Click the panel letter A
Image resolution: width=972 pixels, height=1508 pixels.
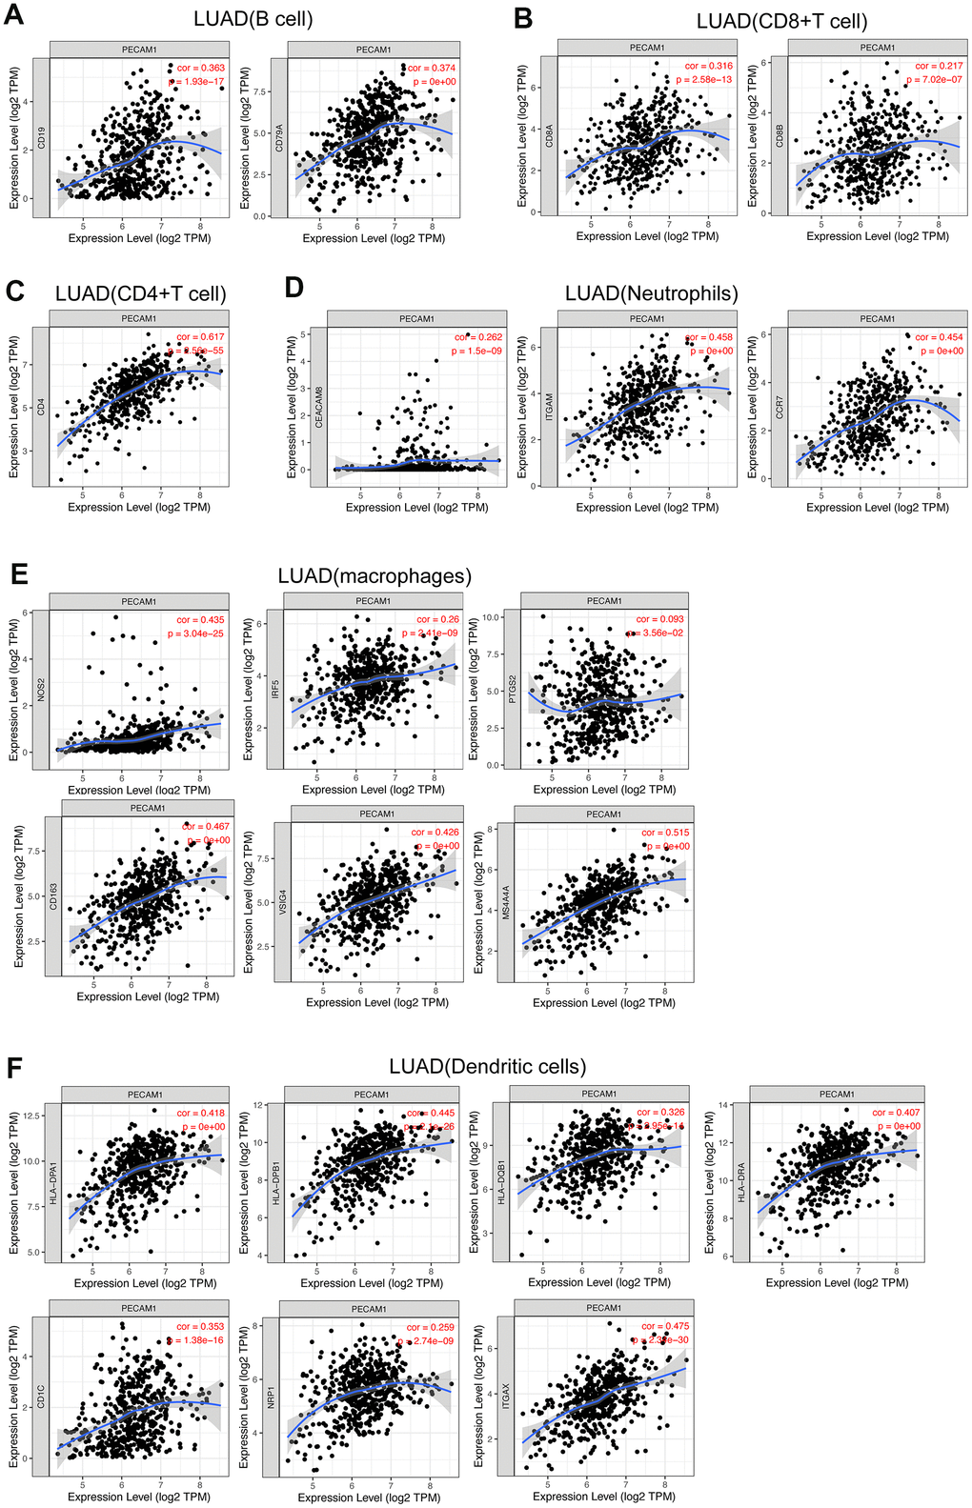point(15,18)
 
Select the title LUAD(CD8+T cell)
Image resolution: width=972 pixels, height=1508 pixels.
point(781,21)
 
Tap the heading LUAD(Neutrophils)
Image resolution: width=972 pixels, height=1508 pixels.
point(651,293)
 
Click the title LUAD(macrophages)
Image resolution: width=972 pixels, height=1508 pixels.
point(375,575)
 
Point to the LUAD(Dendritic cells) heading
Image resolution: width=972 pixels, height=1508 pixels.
point(487,1066)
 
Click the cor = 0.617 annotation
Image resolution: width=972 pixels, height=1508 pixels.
point(200,337)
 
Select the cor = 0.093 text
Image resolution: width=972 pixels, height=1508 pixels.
point(659,619)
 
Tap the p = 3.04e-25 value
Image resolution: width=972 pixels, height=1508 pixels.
point(195,633)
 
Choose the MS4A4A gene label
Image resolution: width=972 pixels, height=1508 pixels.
point(506,902)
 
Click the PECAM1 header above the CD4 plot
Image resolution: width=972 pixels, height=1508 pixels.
point(138,319)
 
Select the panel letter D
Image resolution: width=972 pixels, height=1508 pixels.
point(294,288)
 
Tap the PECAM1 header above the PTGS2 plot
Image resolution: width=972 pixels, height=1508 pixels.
point(604,601)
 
